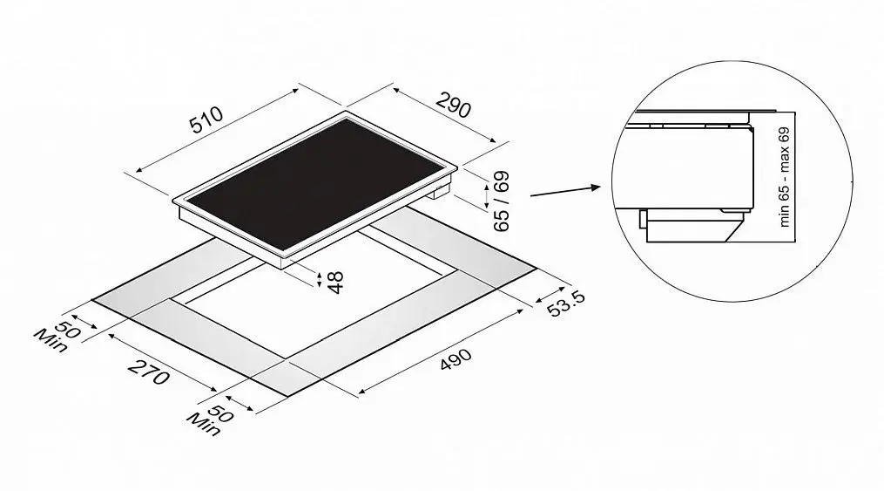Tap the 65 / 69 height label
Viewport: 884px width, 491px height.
point(501,201)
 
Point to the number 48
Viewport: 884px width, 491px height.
point(335,283)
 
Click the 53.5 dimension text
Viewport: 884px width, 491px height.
point(566,303)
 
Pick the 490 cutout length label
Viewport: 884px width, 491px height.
point(455,360)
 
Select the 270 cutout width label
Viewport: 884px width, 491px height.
point(149,372)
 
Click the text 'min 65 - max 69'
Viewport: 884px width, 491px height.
point(784,177)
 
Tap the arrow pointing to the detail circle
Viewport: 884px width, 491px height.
point(565,191)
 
